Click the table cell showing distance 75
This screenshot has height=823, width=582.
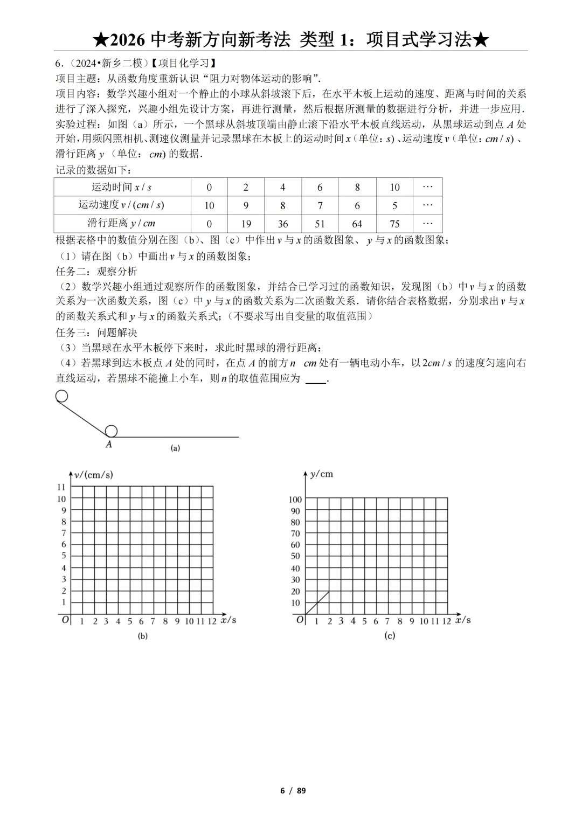(x=394, y=224)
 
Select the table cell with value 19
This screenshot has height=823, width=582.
(x=246, y=224)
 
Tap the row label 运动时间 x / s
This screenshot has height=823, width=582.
(x=122, y=187)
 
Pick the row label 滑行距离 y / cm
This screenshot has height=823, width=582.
(x=122, y=223)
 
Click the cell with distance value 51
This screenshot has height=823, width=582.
(x=320, y=224)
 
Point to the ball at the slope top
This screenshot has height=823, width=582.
(x=61, y=397)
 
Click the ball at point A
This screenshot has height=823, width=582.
(x=111, y=431)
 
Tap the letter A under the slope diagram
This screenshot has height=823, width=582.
(x=109, y=445)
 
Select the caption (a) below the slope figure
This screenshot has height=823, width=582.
(x=175, y=448)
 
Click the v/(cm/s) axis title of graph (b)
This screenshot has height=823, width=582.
(x=94, y=475)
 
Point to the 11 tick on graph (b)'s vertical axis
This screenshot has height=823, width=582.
(x=61, y=487)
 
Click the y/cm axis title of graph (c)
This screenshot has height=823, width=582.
(x=322, y=474)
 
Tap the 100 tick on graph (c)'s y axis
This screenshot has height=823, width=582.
(x=295, y=500)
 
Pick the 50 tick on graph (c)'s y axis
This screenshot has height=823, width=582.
(x=295, y=556)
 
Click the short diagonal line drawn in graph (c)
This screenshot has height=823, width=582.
(x=317, y=603)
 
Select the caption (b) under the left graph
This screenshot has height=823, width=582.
(x=143, y=636)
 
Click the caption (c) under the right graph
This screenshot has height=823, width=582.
(x=390, y=636)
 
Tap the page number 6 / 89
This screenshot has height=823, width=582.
(x=293, y=791)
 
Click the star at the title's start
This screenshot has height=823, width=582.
(x=101, y=40)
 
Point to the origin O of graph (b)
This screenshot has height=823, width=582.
(x=65, y=620)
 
